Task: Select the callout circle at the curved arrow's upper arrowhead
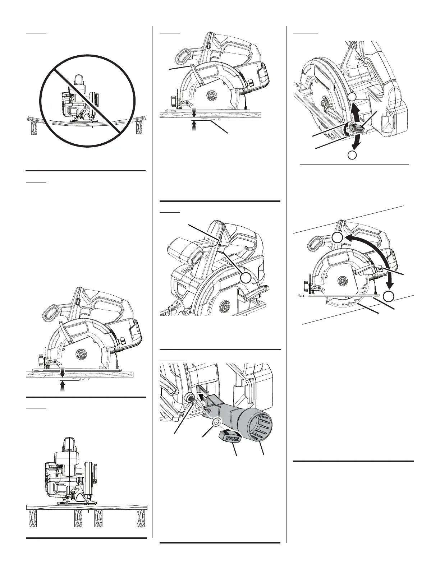pos(337,237)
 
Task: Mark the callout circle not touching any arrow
pos(246,278)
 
